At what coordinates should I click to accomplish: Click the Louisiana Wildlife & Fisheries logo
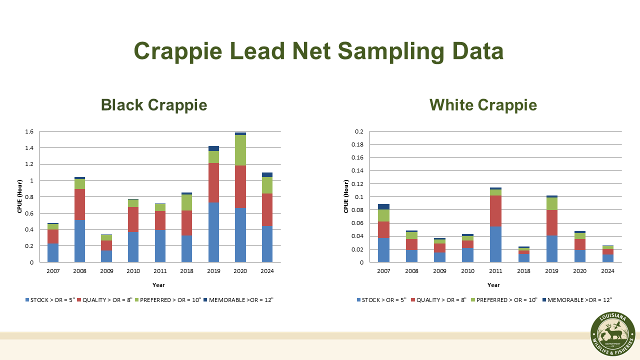(x=612, y=335)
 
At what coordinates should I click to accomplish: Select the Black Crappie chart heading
(x=153, y=105)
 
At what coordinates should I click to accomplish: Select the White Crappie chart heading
(x=483, y=105)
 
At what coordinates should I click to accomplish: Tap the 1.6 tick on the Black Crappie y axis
(x=29, y=132)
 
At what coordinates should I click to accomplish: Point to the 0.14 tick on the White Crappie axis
(x=357, y=170)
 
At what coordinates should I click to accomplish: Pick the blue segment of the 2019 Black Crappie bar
(x=213, y=232)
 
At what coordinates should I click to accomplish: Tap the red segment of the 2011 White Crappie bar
(x=495, y=211)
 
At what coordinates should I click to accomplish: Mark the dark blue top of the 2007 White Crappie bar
(x=383, y=206)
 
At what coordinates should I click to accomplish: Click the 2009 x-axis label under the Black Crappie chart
(x=106, y=270)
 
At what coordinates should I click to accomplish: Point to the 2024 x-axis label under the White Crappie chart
(x=607, y=270)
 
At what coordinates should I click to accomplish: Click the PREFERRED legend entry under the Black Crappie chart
(x=170, y=300)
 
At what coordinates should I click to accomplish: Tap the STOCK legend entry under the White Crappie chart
(x=381, y=300)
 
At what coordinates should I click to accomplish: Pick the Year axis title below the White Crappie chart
(x=493, y=285)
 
